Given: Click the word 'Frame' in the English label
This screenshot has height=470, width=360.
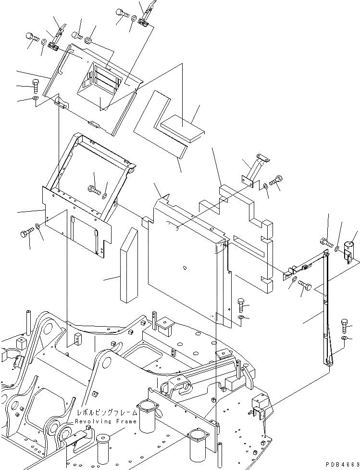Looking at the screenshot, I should click(126, 421).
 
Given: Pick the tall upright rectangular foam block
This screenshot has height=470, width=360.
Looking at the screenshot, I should click(129, 266).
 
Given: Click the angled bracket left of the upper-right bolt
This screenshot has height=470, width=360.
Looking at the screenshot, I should click(253, 168).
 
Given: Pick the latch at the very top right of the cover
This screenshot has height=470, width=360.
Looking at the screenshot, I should click(147, 14).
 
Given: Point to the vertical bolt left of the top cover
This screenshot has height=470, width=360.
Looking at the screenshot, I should click(36, 86).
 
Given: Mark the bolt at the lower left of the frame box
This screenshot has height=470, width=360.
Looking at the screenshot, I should click(26, 234).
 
